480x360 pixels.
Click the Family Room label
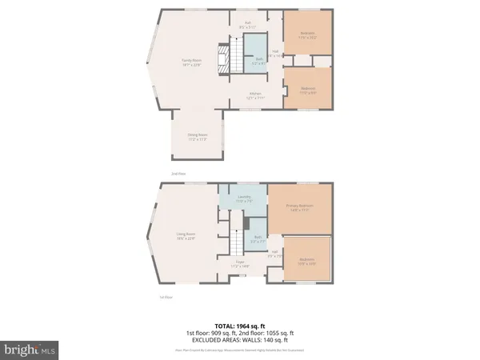pyautogui.click(x=190, y=62)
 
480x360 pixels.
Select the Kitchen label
pyautogui.click(x=254, y=95)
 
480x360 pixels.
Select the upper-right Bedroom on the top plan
pyautogui.click(x=307, y=35)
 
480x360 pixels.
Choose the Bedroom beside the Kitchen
pyautogui.click(x=308, y=90)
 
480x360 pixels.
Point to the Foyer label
pyautogui.click(x=240, y=263)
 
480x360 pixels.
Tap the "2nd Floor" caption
pyautogui.click(x=178, y=173)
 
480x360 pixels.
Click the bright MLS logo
pyautogui.click(x=30, y=349)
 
